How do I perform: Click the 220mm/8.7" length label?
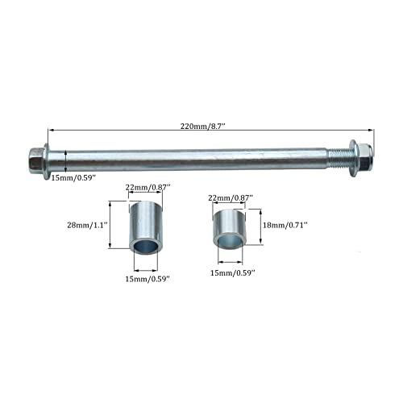click(x=202, y=126)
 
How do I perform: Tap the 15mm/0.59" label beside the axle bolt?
click(x=73, y=177)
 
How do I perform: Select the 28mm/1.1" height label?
click(x=87, y=225)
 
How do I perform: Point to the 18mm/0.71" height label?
click(x=285, y=225)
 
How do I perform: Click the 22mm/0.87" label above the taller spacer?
click(x=148, y=187)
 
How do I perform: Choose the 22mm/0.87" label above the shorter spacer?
click(x=231, y=198)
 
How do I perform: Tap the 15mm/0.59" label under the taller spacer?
click(x=147, y=279)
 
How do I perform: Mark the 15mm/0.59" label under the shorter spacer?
click(x=232, y=273)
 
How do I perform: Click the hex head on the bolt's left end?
click(x=36, y=160)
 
